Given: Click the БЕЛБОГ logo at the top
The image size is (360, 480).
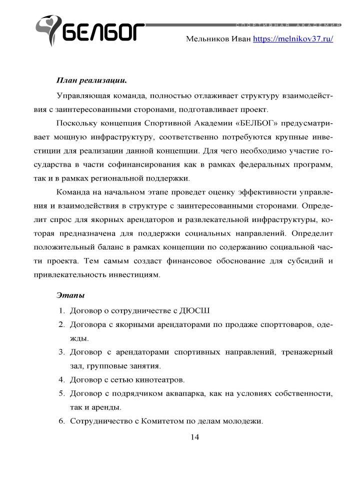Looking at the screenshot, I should click(90, 31).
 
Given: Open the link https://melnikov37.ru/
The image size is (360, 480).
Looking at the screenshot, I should click(293, 38).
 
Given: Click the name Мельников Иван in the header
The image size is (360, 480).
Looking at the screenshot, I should click(218, 38).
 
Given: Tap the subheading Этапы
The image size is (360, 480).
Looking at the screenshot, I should click(70, 295).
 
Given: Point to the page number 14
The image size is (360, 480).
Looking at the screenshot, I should click(194, 437).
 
